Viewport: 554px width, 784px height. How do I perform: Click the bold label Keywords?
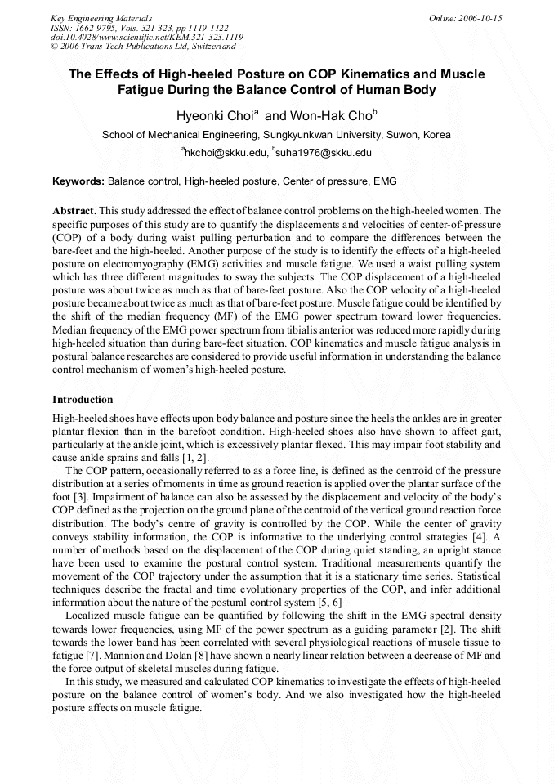coord(78,181)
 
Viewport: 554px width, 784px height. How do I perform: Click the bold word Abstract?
coord(74,210)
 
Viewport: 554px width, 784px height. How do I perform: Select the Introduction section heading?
coord(83,400)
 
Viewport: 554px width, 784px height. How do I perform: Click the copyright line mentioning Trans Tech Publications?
coord(142,47)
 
